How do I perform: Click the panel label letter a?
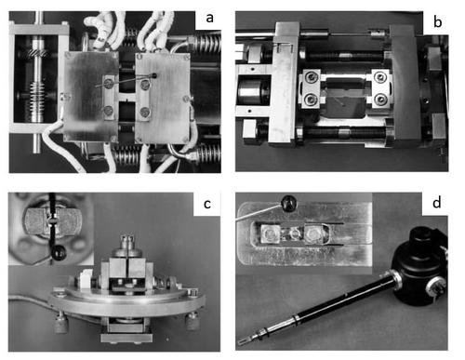pos(210,18)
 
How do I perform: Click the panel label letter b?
pos(437,22)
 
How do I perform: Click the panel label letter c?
pos(207,204)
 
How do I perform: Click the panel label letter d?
pos(437,203)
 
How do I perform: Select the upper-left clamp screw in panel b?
pos(311,76)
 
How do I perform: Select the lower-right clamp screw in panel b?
pos(380,100)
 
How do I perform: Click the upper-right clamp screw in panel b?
pos(380,76)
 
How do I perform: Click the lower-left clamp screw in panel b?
pos(311,100)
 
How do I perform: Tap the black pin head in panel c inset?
pos(59,253)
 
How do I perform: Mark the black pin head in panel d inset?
pos(289,203)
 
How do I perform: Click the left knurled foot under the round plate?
pos(60,322)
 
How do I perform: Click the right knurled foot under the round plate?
pos(192,321)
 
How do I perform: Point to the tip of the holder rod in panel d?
pos(239,342)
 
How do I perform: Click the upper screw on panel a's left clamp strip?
pos(108,83)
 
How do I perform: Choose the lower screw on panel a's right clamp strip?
pos(145,112)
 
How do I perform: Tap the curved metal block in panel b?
pos(404,82)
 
